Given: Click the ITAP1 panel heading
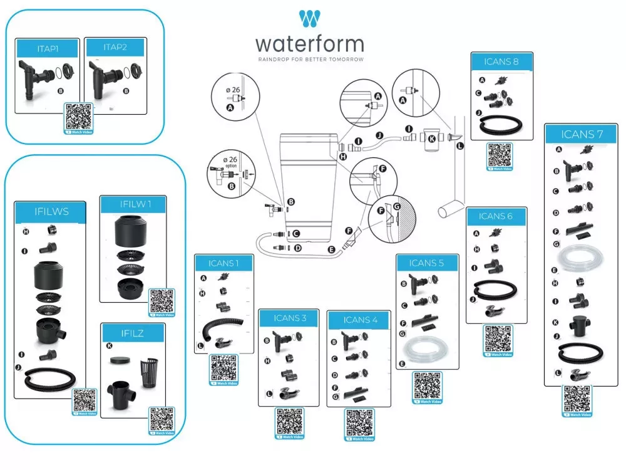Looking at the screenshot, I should tap(48, 48).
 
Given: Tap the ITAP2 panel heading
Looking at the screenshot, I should tap(115, 47).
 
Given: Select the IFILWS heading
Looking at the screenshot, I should tap(51, 212).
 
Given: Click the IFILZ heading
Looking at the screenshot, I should tap(132, 333).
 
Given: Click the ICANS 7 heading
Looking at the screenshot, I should tap(582, 134).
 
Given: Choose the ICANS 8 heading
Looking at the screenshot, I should tap(501, 61).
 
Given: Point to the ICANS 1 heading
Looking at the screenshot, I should tap(223, 263).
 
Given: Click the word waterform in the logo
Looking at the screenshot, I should tap(309, 44).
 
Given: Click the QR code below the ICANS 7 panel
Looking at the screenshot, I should tap(577, 399).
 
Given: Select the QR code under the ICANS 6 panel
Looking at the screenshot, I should tap(498, 338).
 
